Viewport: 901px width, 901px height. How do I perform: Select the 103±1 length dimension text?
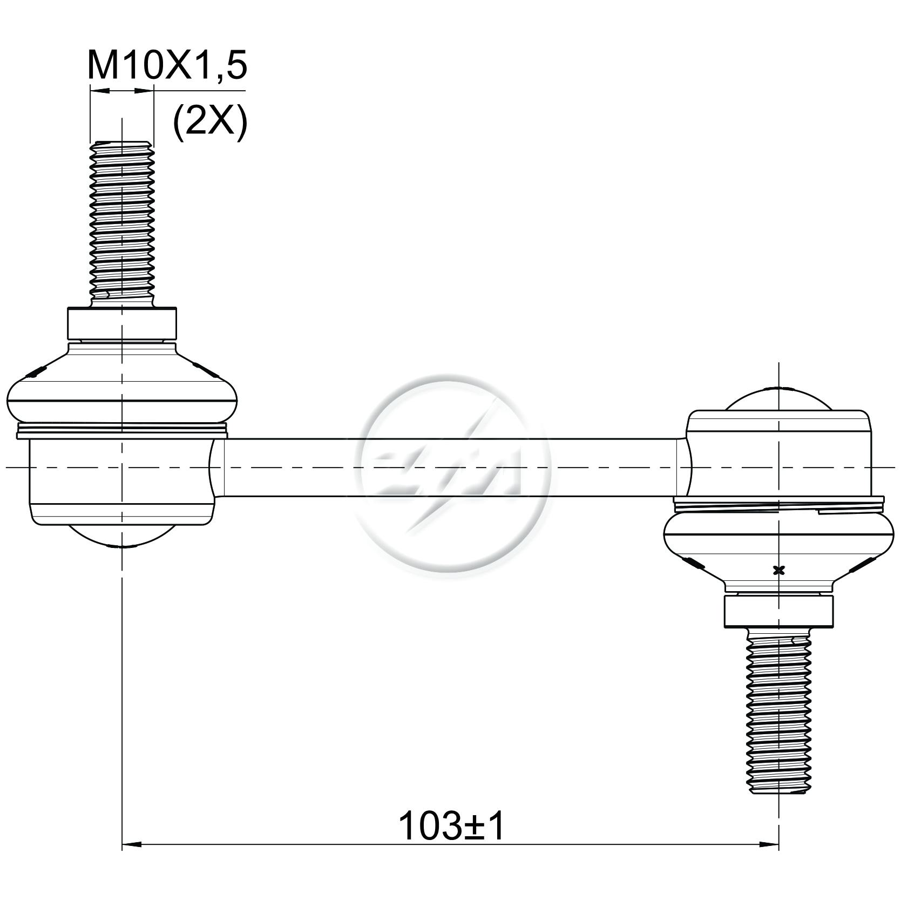tap(451, 825)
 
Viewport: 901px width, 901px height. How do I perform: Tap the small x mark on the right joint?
tap(778, 570)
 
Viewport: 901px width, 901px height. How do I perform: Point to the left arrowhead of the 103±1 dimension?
tap(132, 844)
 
